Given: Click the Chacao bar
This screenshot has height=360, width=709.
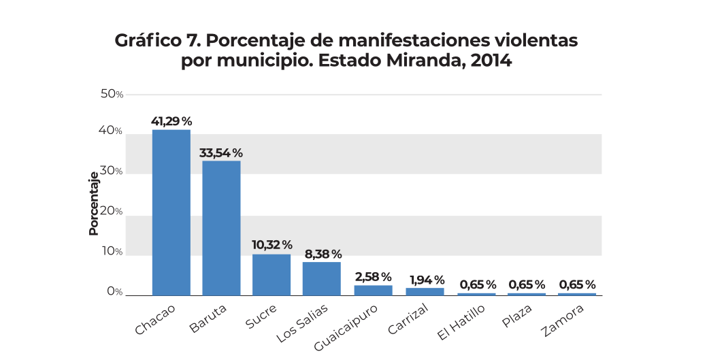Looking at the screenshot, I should [171, 212].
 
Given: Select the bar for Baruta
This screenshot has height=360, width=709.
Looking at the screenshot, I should [221, 228].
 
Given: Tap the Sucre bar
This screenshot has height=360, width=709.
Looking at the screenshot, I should [271, 274].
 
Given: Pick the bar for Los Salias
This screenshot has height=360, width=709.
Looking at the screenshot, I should [322, 278].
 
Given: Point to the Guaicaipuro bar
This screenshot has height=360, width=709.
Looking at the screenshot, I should [373, 290].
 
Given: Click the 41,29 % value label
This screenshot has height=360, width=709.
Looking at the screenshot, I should [171, 121].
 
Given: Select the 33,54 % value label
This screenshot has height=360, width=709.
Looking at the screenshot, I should [221, 152].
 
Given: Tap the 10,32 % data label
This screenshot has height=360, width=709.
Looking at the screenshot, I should [271, 245].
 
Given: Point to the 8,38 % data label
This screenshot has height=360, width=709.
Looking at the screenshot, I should [322, 253].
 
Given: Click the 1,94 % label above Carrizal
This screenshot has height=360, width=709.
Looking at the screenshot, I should [427, 280].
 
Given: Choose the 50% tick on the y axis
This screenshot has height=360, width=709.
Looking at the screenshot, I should [112, 94].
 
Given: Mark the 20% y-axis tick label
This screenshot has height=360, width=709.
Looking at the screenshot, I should [112, 211].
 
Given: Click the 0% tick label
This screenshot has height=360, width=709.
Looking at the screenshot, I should [114, 291].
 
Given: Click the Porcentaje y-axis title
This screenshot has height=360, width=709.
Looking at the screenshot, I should [94, 202].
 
